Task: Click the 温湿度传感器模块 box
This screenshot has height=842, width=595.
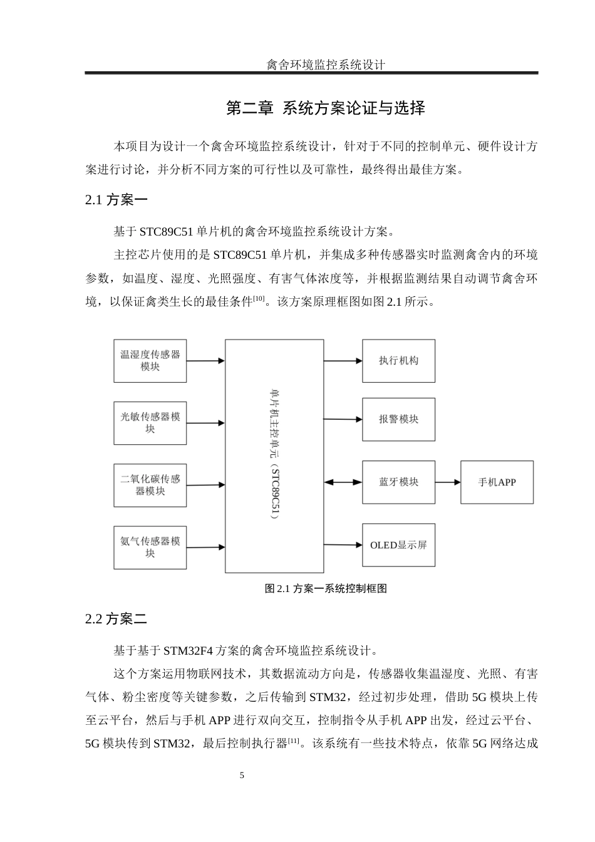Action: pos(150,361)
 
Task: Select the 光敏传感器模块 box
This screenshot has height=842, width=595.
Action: pos(150,423)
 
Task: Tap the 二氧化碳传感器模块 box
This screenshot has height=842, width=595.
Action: pos(150,485)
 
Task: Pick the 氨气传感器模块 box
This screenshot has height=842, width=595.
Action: pos(150,547)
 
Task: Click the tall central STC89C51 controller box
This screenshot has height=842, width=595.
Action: pos(274,455)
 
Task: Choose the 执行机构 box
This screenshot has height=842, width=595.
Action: pos(398,361)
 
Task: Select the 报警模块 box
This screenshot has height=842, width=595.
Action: pos(398,419)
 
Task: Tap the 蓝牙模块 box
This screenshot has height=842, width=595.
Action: pos(398,482)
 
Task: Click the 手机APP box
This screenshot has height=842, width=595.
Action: pos(497,482)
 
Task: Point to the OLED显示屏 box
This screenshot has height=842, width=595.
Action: pos(398,545)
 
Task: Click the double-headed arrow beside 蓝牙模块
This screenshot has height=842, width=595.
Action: pos(343,482)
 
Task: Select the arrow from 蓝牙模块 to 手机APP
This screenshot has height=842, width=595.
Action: pos(448,482)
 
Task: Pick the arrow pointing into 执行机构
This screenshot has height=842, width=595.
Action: pos(343,361)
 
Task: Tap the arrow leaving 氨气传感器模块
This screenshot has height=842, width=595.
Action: pos(205,547)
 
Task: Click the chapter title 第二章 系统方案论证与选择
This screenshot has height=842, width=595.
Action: pos(325,108)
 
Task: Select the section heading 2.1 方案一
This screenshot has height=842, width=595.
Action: pos(116,200)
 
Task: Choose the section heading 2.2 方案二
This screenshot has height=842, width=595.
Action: pos(116,619)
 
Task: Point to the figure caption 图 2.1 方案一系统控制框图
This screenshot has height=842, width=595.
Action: pos(326,588)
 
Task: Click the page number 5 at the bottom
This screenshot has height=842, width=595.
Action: pos(242,776)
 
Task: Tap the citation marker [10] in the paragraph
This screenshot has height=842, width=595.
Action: pos(258,298)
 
